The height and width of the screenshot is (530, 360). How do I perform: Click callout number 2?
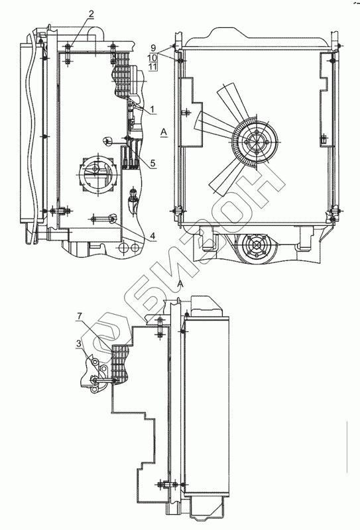click(91, 14)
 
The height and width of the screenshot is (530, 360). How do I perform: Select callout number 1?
click(152, 109)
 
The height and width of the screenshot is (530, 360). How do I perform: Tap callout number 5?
click(152, 163)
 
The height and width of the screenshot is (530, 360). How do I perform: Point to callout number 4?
click(152, 236)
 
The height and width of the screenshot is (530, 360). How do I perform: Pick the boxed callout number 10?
click(152, 57)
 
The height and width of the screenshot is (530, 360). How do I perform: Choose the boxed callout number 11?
click(152, 66)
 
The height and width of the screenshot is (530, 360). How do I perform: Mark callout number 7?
click(79, 317)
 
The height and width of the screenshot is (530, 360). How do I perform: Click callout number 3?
click(78, 344)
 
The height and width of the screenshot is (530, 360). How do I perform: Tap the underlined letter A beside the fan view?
click(164, 132)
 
